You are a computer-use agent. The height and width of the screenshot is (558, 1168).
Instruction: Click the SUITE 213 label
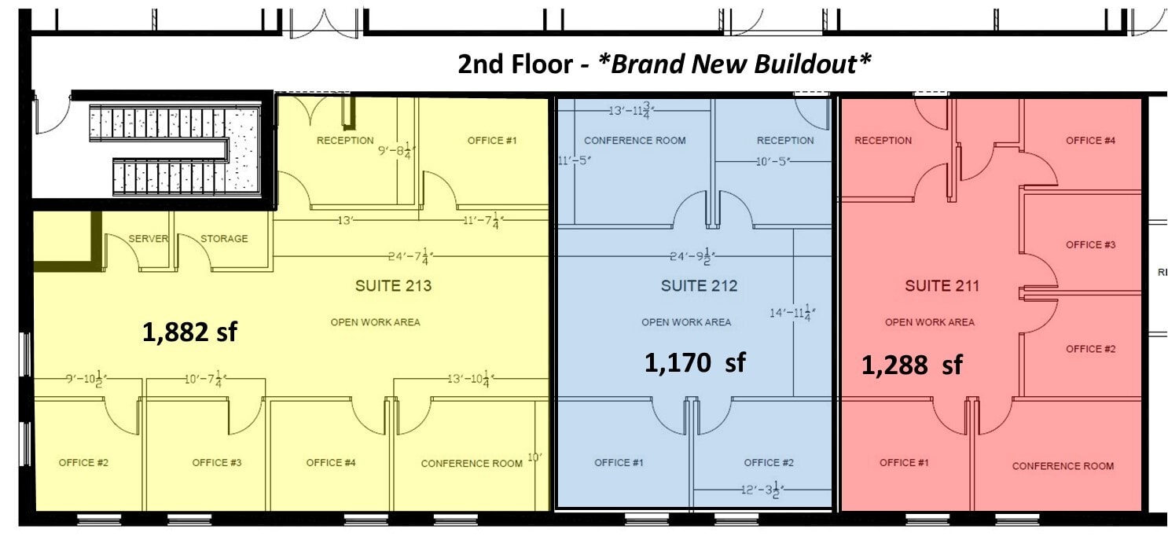point(393,286)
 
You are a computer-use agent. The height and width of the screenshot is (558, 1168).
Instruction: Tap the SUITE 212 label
point(699,286)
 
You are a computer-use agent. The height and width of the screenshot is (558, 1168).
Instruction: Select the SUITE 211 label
point(942,286)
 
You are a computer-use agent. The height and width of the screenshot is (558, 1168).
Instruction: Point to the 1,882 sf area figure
point(189,332)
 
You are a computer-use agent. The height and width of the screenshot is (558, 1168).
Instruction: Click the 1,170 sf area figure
point(695,362)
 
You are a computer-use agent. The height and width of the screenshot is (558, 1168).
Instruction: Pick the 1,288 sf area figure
point(912,365)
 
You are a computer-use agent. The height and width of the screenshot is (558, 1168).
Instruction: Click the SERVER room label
point(149,239)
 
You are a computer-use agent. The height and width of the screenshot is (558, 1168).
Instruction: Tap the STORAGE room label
point(224,239)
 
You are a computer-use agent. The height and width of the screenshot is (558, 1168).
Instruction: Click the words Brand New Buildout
point(734,64)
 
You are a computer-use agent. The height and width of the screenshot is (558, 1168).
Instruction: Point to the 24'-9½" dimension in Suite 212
point(691,257)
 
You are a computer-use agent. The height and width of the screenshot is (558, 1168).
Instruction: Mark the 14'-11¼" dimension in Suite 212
point(792,313)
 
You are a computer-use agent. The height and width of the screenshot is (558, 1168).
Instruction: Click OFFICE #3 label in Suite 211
point(1090,245)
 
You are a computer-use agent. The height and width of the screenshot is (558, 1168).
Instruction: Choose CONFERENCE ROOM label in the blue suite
point(634,141)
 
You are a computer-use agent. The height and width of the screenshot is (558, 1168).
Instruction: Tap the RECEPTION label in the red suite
point(883,141)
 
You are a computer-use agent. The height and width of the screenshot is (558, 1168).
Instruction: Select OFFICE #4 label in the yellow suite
point(331,463)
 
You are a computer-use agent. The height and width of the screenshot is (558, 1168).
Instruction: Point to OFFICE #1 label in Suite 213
point(492,141)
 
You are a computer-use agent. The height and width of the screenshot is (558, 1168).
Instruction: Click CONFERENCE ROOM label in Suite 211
point(1063,466)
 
